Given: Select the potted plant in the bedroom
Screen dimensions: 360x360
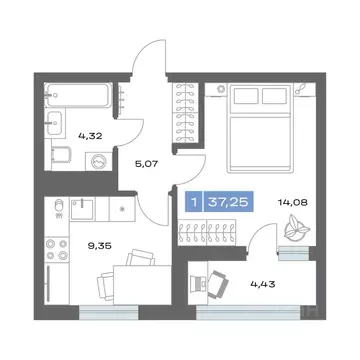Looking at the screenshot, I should coord(296,228).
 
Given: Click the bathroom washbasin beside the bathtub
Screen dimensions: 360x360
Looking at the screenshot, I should coord(55,115).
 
